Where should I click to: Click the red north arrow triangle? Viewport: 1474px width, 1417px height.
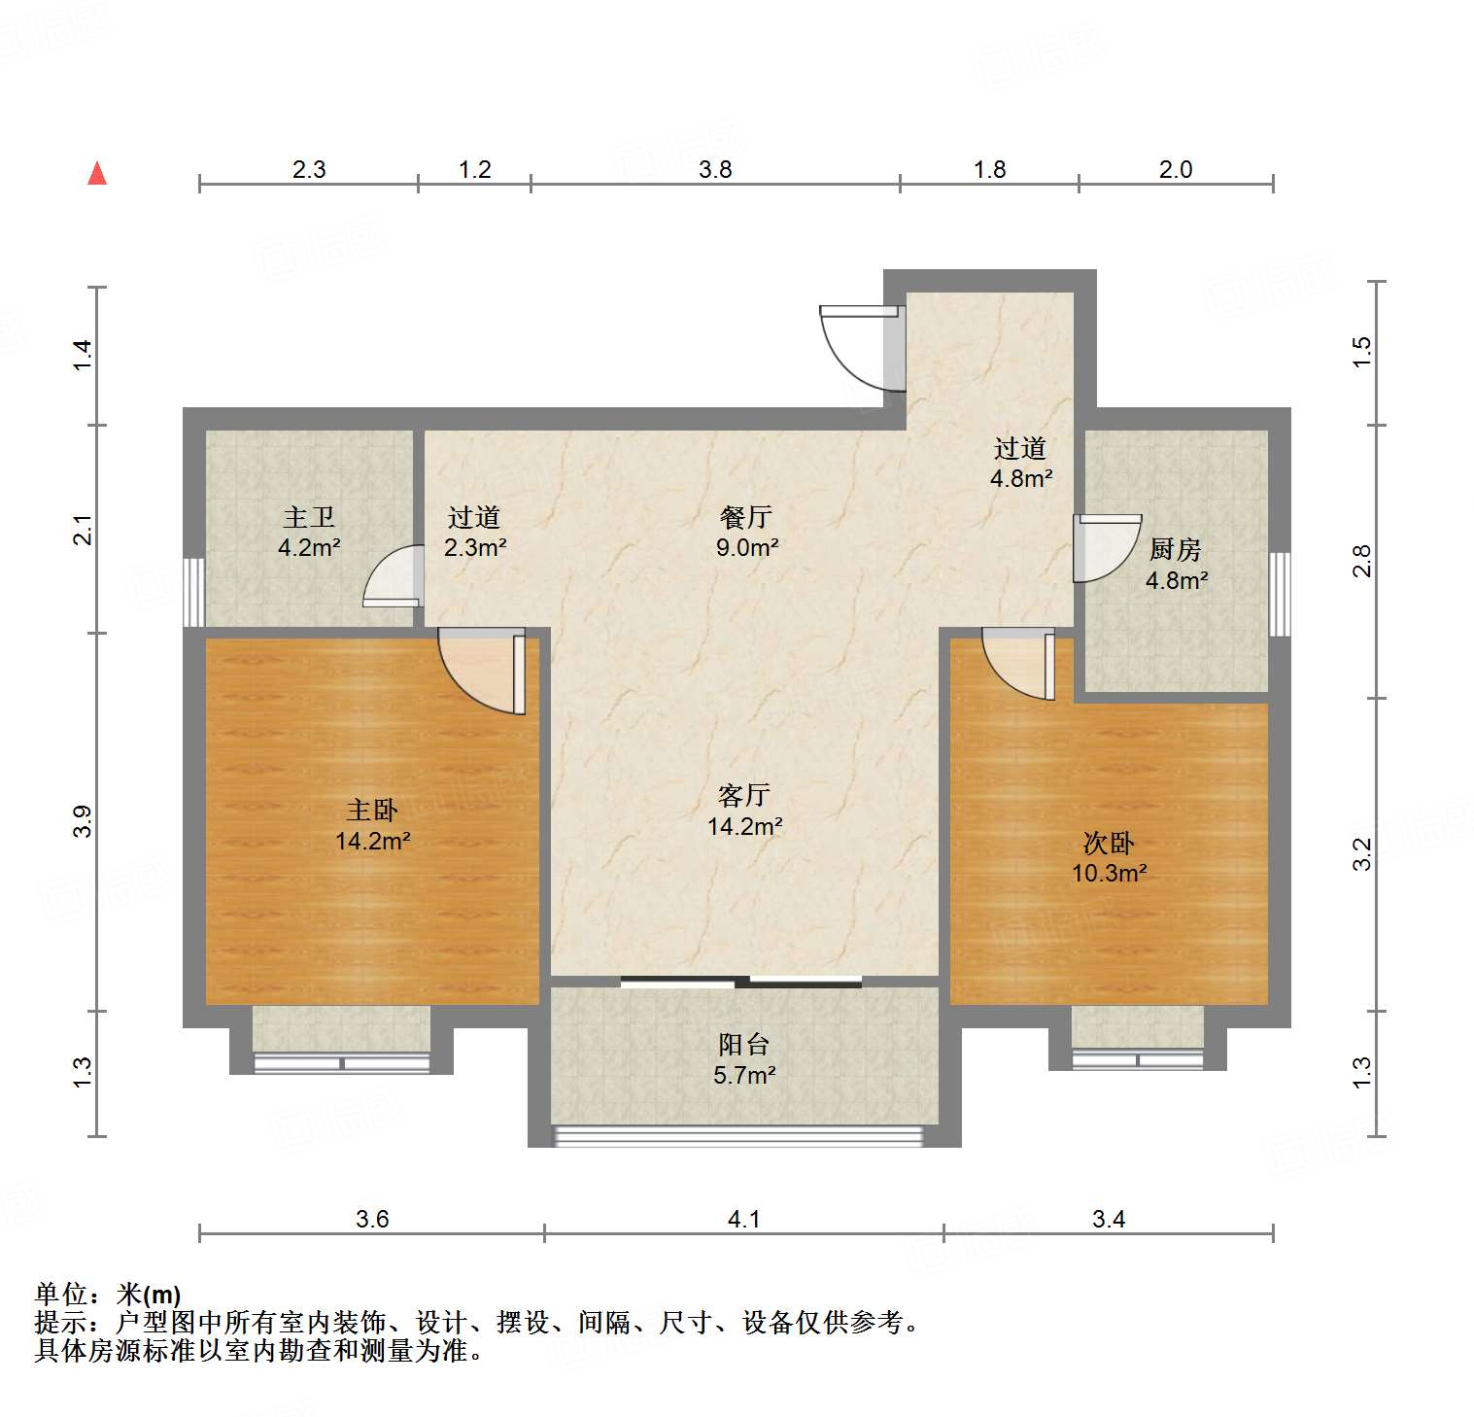pos(97,174)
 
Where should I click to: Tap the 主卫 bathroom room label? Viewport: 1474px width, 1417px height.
pos(309,517)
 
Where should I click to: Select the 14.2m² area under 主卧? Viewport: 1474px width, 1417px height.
pos(373,841)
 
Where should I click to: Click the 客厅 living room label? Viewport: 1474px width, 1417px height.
pos(744,795)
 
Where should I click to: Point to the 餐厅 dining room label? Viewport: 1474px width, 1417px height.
pos(746,516)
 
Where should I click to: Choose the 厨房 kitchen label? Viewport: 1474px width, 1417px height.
pos(1176,549)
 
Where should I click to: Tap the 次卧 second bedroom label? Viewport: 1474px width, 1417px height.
pos(1109,842)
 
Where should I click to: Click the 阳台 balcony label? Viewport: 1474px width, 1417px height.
pos(744,1045)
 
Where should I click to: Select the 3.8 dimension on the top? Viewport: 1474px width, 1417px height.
pos(715,170)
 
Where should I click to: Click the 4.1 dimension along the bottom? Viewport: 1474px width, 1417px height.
pos(744,1219)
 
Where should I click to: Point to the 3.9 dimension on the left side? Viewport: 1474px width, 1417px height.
pos(84,822)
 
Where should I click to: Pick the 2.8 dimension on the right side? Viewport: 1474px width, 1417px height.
pos(1362,562)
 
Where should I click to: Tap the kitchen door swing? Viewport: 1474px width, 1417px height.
pos(1106,548)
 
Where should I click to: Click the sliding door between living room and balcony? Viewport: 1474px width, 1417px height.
pos(741,982)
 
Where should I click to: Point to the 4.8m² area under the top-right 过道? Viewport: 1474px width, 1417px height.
pos(1021,478)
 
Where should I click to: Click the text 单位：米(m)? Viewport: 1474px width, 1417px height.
pos(108,1295)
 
